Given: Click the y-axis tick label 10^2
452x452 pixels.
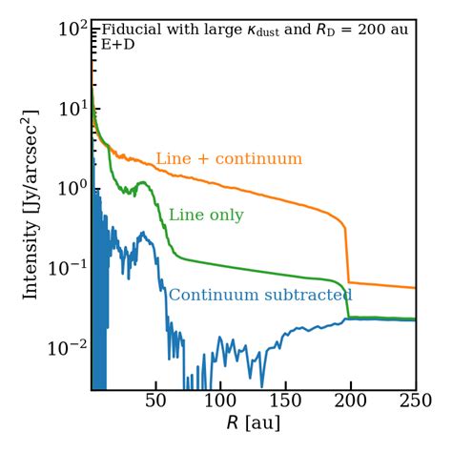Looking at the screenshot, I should click(x=72, y=29).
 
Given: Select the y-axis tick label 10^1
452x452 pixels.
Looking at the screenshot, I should click(x=72, y=108).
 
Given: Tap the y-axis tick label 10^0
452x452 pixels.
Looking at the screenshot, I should click(x=72, y=187).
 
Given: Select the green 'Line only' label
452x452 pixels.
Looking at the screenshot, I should click(x=206, y=216).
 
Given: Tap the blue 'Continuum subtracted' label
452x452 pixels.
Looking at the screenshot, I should click(x=260, y=296).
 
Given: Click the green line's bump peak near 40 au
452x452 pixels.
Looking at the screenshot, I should click(x=143, y=182).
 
